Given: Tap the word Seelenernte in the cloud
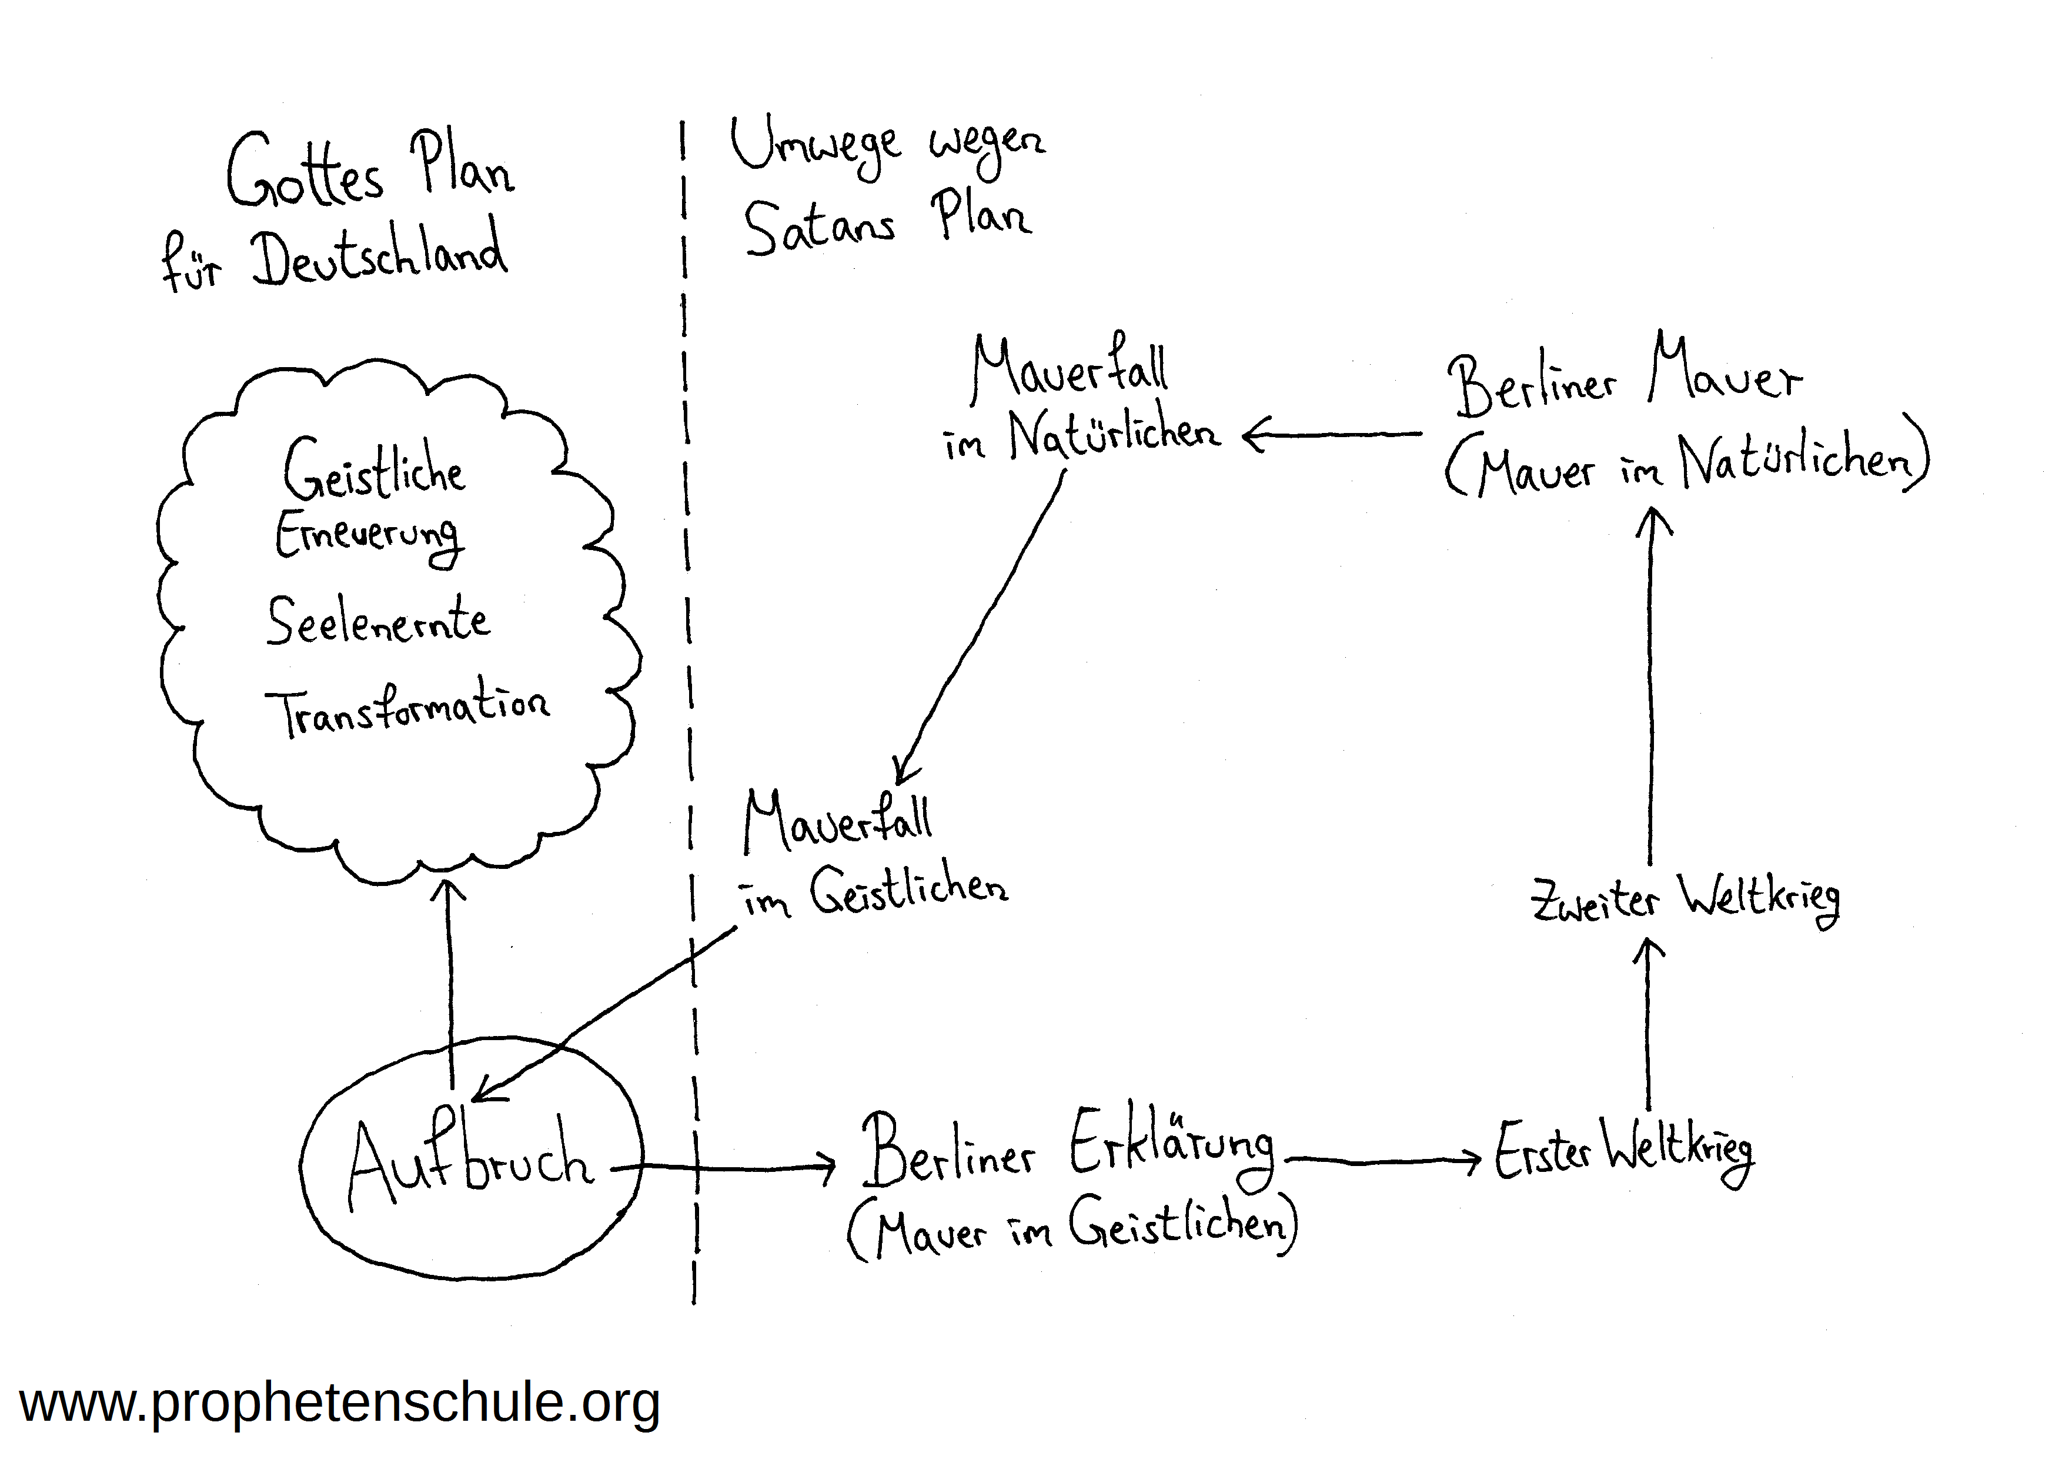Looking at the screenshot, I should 378,621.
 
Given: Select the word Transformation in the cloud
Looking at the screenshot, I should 407,708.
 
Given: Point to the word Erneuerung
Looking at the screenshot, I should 368,537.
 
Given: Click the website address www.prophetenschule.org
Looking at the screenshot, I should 339,1403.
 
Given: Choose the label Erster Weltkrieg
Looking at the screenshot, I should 1623,1152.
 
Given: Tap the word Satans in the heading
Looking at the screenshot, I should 819,225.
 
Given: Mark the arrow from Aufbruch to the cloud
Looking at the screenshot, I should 450,980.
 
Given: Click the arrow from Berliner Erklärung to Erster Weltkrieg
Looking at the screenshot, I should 1383,1161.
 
